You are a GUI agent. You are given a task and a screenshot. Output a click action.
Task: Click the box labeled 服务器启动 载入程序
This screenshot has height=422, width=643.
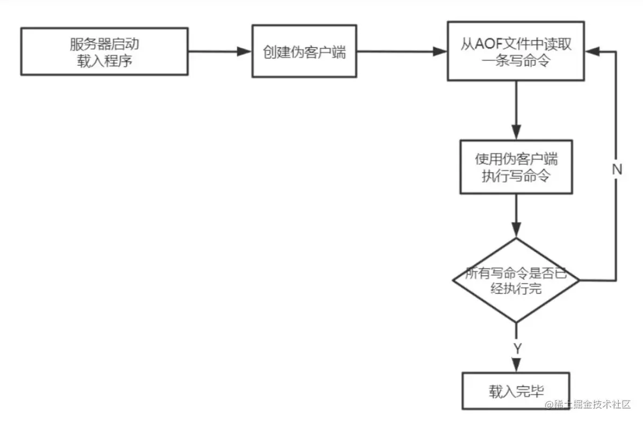click(x=105, y=51)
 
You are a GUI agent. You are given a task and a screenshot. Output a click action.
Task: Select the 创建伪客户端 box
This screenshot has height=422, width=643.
click(x=304, y=51)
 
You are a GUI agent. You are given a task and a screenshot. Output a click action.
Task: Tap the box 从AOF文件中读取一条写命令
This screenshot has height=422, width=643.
click(x=516, y=51)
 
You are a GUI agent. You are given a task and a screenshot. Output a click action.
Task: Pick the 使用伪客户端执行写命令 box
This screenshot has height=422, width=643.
click(x=516, y=167)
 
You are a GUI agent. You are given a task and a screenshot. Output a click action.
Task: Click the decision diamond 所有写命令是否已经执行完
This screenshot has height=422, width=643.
click(x=516, y=280)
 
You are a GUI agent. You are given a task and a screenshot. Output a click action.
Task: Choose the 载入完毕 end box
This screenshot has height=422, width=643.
click(x=516, y=391)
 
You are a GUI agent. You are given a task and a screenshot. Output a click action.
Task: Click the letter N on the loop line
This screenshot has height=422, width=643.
click(x=617, y=169)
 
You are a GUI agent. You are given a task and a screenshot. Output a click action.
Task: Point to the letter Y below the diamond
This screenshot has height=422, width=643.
click(x=518, y=348)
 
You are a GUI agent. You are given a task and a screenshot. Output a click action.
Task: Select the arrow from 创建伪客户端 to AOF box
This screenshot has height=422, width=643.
click(x=402, y=51)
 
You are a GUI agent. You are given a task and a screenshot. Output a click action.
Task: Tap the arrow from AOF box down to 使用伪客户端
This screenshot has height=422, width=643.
click(x=516, y=110)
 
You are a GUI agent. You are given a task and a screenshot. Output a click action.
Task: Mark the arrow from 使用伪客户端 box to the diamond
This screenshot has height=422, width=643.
click(x=516, y=216)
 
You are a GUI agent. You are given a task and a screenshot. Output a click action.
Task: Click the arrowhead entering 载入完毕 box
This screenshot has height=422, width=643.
click(x=516, y=365)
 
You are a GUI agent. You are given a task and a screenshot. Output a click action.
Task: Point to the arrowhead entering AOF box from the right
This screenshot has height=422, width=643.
click(x=592, y=51)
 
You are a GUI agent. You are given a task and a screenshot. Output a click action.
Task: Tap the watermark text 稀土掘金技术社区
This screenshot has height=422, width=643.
click(x=592, y=404)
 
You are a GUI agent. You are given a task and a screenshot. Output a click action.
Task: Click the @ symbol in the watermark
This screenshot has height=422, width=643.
click(x=549, y=405)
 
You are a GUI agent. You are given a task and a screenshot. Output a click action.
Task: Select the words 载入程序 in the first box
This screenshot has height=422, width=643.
click(x=105, y=61)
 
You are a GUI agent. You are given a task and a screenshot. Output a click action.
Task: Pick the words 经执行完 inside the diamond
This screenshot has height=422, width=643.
click(x=516, y=289)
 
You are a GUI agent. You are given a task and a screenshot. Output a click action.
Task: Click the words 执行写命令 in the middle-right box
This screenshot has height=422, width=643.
click(x=516, y=176)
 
